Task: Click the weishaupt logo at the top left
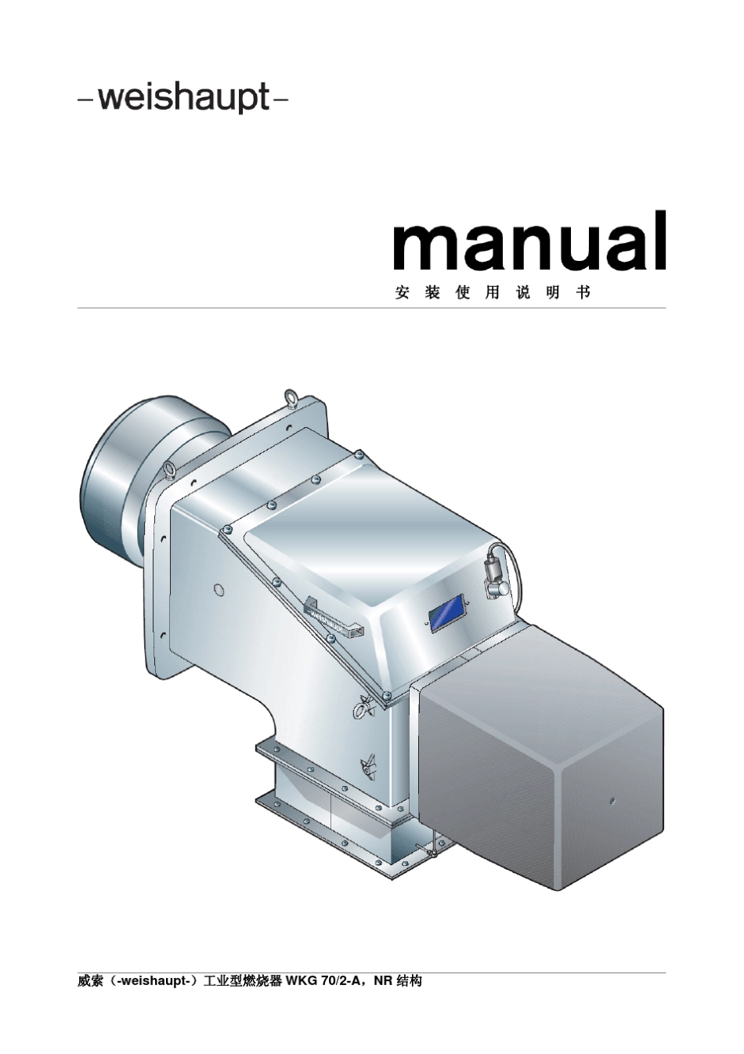coord(183,100)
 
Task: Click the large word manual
coord(529,241)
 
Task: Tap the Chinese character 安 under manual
coord(403,293)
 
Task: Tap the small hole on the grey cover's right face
coord(612,801)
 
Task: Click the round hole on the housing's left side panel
coord(219,590)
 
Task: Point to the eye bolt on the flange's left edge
coord(170,470)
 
